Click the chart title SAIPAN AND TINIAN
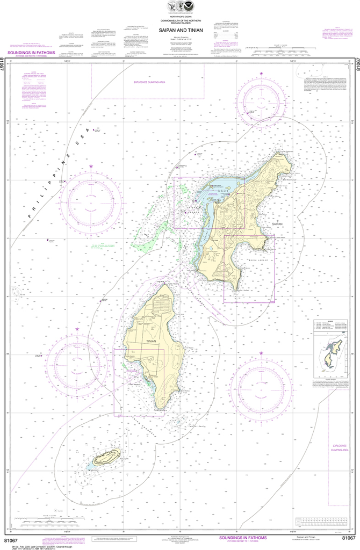point(179,31)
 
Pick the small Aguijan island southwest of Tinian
point(106,458)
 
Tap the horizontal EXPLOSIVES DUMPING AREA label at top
point(149,82)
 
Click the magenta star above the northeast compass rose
point(262,73)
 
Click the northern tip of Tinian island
point(168,284)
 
